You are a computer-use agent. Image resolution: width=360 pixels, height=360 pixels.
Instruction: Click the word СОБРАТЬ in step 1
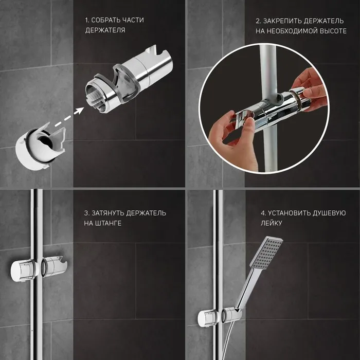[x=104, y=20]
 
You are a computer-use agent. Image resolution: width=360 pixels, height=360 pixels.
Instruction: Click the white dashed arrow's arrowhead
[x=79, y=111]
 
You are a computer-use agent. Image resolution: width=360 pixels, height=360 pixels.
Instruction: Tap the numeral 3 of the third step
[x=86, y=213]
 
